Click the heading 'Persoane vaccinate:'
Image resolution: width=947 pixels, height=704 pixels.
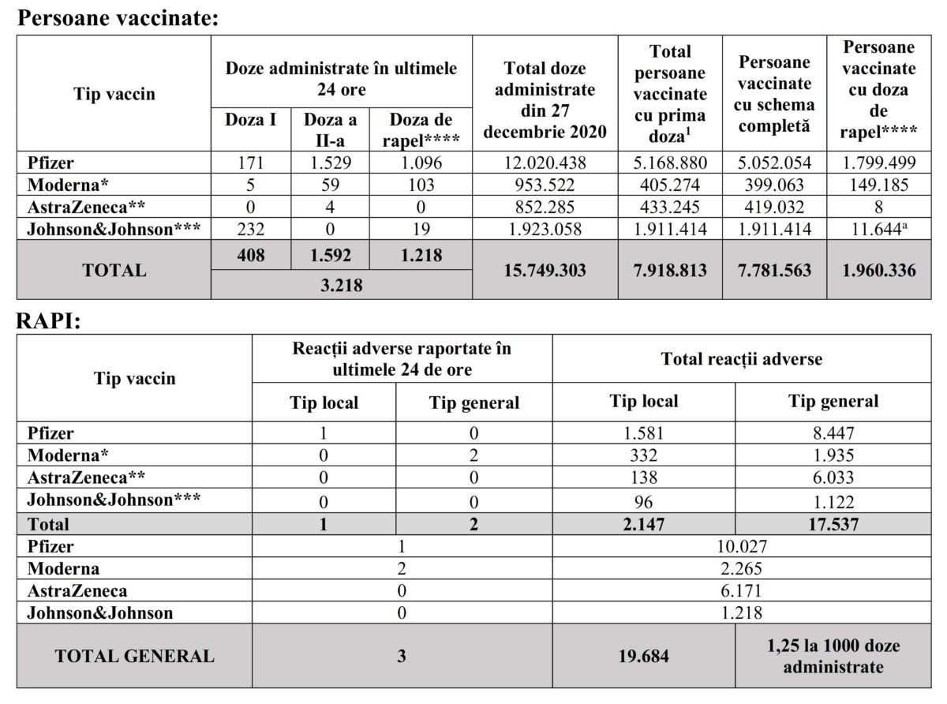(x=118, y=18)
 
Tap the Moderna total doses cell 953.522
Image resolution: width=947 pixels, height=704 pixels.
(x=545, y=186)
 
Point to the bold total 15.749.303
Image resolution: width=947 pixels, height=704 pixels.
(x=545, y=270)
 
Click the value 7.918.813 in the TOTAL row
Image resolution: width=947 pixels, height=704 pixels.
(x=669, y=270)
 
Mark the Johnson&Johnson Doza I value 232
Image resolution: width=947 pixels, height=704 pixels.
(x=250, y=230)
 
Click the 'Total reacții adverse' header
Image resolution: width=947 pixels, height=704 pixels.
(x=741, y=359)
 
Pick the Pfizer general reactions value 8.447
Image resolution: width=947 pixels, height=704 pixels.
(x=833, y=433)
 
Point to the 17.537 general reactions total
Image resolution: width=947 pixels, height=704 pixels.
(x=833, y=524)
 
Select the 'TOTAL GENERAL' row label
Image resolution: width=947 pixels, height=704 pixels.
(x=134, y=656)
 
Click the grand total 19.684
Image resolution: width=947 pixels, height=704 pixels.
(x=643, y=656)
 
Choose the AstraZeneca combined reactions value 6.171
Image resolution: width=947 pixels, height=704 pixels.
(x=741, y=590)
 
